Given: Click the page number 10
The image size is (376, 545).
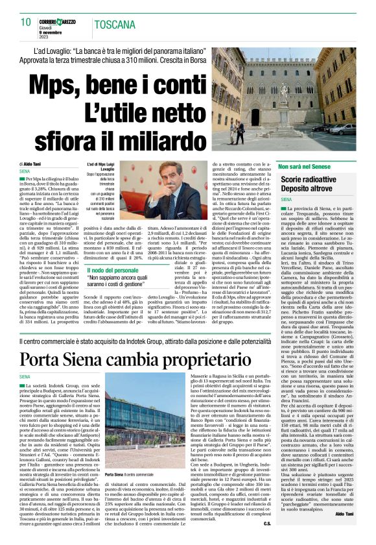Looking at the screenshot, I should click(26, 21).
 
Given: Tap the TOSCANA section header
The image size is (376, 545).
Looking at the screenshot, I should click(114, 25).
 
